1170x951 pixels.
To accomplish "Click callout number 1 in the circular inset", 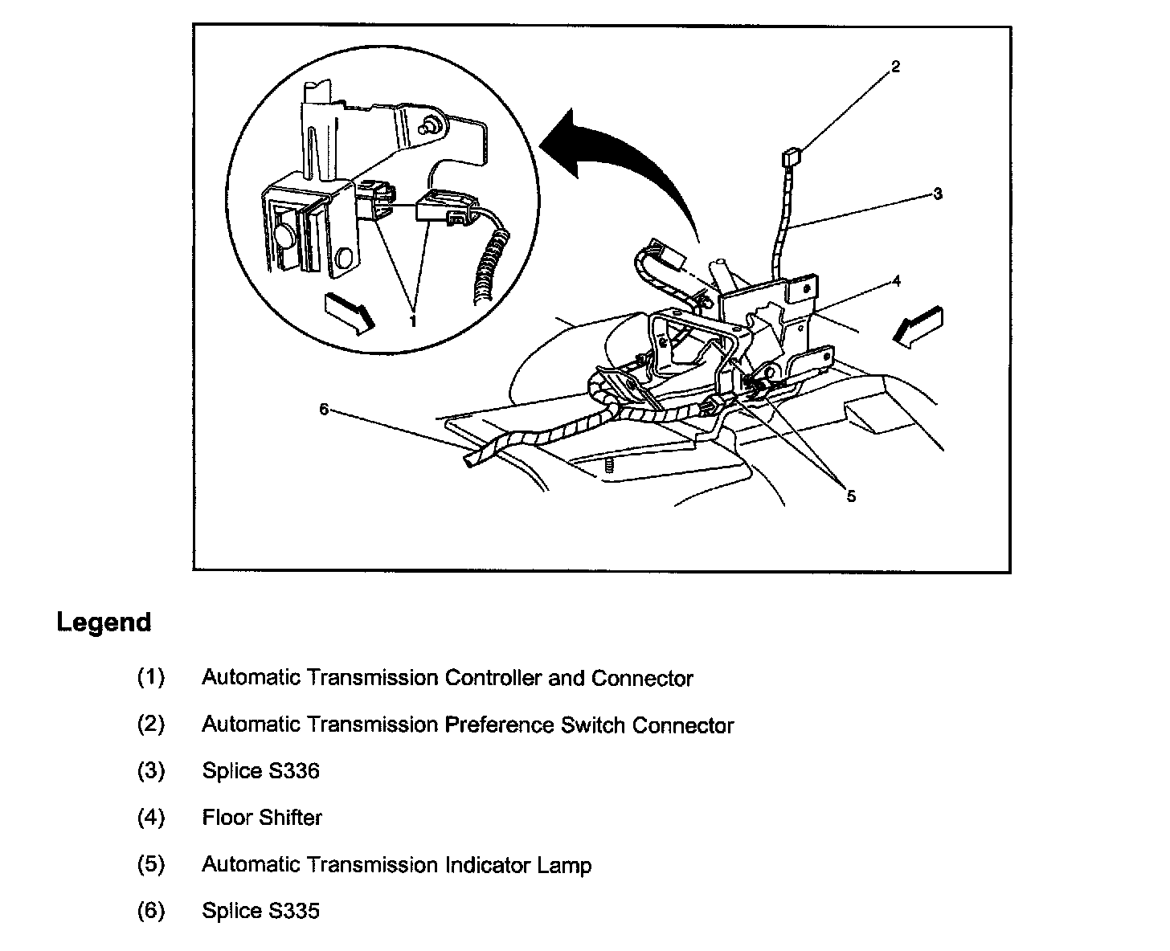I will click(413, 320).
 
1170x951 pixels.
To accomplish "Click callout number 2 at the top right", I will click(895, 67).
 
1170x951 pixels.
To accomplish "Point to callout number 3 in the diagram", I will click(937, 194).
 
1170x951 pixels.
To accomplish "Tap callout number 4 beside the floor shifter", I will click(896, 281).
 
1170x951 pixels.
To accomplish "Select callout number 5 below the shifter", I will click(851, 496).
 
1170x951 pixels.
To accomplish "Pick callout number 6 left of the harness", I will click(324, 409).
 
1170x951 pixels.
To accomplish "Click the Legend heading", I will click(104, 622).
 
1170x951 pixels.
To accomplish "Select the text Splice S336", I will click(260, 771).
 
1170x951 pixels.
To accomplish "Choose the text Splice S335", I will click(260, 911).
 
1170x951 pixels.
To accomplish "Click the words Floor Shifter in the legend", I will click(262, 818).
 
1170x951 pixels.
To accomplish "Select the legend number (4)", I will click(150, 818).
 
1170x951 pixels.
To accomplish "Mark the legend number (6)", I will click(150, 911).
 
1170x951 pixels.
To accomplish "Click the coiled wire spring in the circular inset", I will click(489, 269).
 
